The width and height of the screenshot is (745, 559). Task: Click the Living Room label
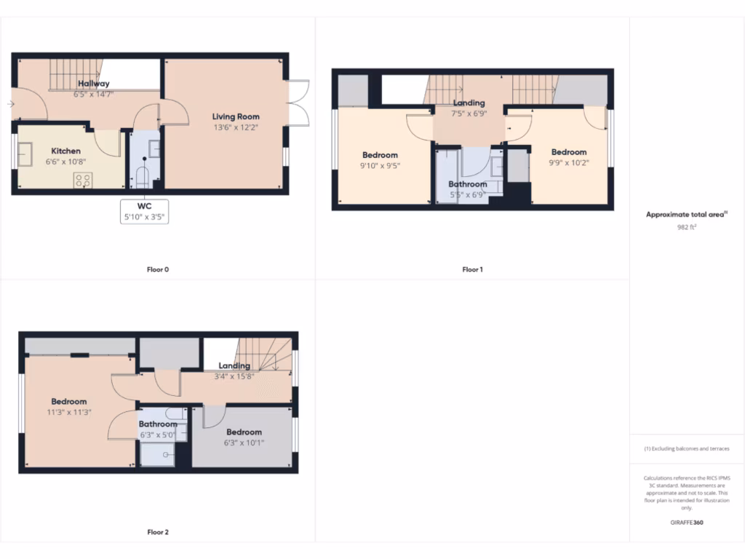click(236, 116)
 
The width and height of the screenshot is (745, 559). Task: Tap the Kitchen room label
click(65, 151)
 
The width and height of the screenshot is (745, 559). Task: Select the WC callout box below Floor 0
click(144, 210)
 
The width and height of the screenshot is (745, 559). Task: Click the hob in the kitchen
click(81, 180)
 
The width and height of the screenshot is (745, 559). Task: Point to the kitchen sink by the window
click(26, 153)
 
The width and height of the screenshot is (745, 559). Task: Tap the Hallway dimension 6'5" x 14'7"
click(94, 95)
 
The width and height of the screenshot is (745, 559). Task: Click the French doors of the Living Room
click(298, 103)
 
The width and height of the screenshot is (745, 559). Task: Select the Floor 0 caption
click(158, 269)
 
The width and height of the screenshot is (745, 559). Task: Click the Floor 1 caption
click(472, 269)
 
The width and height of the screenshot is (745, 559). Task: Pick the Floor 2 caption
click(158, 532)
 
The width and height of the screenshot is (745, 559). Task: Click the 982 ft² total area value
click(687, 227)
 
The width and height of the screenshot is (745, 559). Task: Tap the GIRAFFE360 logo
click(687, 522)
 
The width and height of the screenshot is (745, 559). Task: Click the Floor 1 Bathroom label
click(467, 184)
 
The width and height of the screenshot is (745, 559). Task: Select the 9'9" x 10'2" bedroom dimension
click(569, 163)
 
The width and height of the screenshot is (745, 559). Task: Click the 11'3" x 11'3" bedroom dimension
click(69, 412)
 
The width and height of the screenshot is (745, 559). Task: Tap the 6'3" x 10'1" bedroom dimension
click(244, 442)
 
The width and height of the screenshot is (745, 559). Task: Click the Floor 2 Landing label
click(234, 365)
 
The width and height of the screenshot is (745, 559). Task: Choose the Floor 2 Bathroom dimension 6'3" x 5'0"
click(158, 435)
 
